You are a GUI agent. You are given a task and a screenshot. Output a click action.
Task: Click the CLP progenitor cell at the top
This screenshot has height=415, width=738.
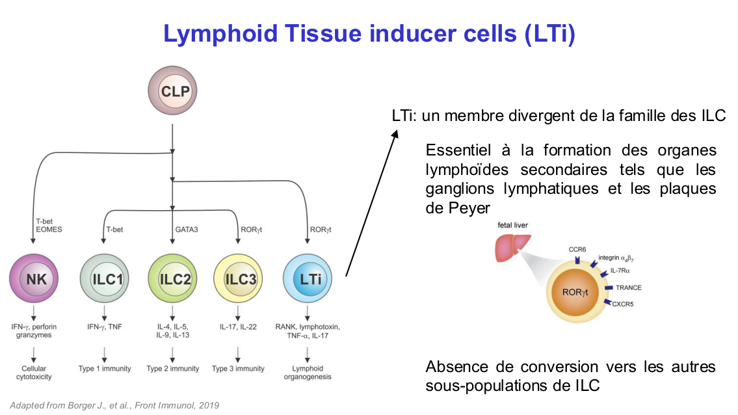[172, 91]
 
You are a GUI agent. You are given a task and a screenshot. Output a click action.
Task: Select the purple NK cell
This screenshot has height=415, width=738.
[36, 280]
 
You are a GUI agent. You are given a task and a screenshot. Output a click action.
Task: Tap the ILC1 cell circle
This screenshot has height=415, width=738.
[105, 280]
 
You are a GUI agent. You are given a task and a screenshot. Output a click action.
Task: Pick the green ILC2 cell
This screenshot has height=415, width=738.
[172, 280]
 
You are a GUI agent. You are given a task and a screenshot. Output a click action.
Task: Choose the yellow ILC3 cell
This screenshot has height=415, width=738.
[238, 280]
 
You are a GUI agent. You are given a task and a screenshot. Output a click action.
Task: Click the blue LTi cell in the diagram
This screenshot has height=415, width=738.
[308, 280]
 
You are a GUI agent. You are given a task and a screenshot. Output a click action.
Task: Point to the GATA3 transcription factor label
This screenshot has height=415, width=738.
[186, 229]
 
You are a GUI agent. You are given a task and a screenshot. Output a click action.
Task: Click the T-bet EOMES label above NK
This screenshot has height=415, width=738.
[48, 225]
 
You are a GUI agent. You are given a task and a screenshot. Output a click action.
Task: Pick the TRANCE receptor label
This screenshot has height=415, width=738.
[628, 288]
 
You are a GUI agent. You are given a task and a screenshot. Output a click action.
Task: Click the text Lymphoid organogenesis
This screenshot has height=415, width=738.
[307, 372]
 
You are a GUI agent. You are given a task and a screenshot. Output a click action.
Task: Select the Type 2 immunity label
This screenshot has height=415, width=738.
[173, 368]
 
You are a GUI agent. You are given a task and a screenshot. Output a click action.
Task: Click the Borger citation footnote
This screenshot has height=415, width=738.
[114, 405]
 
